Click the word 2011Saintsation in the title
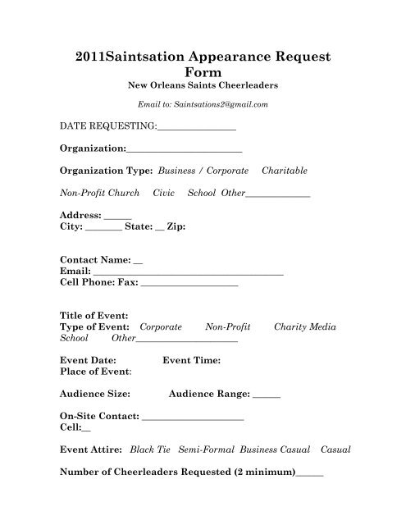[x=128, y=58]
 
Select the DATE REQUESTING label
[x=107, y=128]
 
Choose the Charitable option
[x=285, y=171]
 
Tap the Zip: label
[x=176, y=226]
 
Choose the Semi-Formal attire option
[x=205, y=450]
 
